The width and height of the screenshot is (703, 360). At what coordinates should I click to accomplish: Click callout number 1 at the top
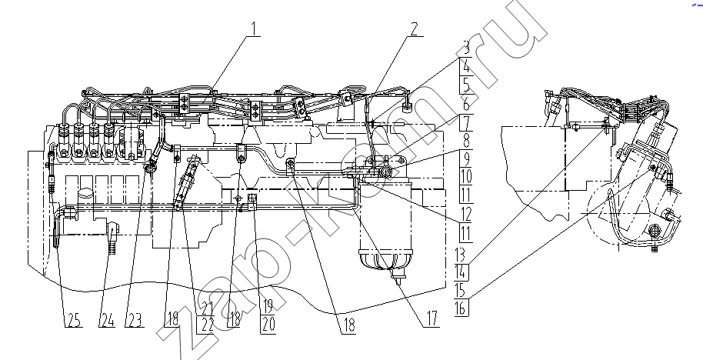(x=255, y=28)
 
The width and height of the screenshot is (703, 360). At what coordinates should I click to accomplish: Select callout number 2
(x=413, y=28)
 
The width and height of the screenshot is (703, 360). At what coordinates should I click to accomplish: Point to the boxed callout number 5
(x=466, y=85)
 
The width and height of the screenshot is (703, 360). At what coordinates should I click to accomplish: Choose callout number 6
(x=466, y=104)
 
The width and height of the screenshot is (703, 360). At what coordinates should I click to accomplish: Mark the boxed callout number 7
(x=466, y=122)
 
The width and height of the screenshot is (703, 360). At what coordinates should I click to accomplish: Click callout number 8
(x=466, y=142)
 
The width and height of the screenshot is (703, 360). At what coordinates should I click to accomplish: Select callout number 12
(x=466, y=215)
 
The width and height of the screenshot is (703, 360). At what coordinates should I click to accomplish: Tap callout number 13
(x=460, y=254)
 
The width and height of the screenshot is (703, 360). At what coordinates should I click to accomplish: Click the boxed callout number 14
(x=461, y=272)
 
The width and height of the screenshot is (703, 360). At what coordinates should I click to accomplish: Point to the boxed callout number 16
(x=461, y=308)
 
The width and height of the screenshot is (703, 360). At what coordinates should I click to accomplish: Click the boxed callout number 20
(x=268, y=325)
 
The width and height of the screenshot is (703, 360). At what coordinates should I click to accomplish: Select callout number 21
(x=206, y=308)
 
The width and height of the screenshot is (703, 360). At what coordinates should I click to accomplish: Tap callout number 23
(x=134, y=320)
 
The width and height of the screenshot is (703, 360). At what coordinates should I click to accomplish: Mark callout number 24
(x=107, y=320)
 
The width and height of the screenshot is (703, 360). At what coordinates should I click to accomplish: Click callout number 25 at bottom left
(x=74, y=320)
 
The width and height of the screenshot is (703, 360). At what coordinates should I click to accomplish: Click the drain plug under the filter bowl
(x=396, y=281)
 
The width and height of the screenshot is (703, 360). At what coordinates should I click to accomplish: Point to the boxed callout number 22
(x=206, y=325)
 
